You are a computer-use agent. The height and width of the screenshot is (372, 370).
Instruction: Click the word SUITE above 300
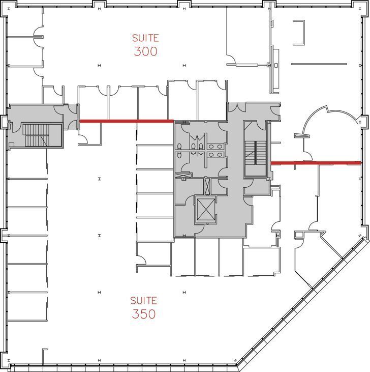pos(145,38)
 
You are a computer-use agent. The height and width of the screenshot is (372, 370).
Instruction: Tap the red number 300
pos(146,51)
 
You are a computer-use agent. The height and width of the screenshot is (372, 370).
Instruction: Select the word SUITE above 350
pos(143,300)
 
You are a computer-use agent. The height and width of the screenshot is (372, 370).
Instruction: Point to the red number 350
pos(143,314)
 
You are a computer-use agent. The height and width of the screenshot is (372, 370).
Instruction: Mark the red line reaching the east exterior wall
pos(315,163)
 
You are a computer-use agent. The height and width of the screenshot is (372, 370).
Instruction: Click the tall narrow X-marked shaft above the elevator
pos(207,186)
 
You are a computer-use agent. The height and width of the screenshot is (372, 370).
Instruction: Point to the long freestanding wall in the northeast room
pos(319,64)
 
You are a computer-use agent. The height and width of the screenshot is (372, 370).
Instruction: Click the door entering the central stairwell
pos(261,125)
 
